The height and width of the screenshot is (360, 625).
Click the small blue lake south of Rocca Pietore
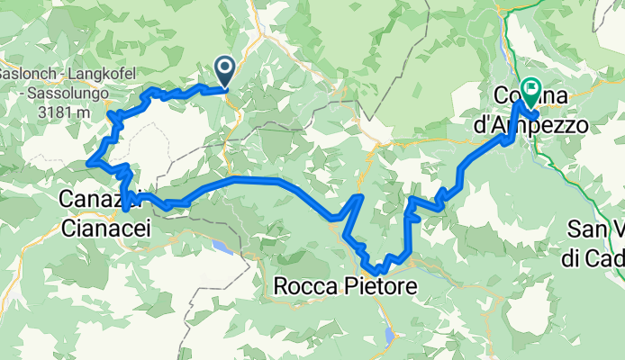[x=389, y=337]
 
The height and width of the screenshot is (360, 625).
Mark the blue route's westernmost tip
[x=88, y=162]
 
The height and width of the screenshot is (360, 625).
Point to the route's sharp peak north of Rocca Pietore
[x=360, y=195]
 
